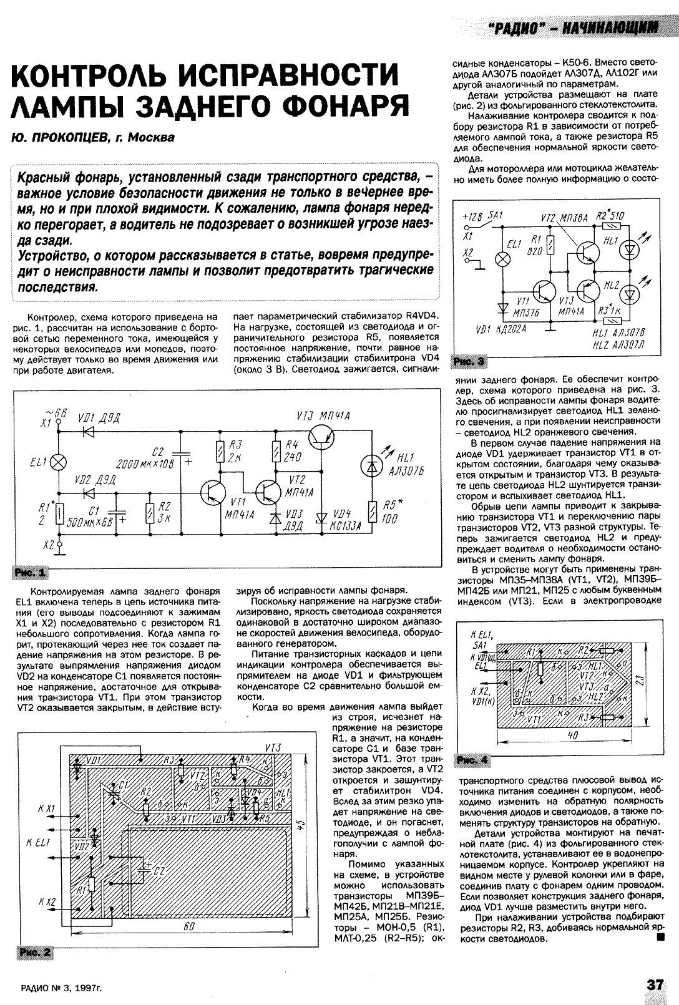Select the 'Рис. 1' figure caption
pyautogui.click(x=29, y=572)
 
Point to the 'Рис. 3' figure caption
pyautogui.click(x=469, y=361)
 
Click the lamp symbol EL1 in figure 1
pyautogui.click(x=59, y=462)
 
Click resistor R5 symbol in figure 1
pyautogui.click(x=373, y=513)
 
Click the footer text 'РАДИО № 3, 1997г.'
pyautogui.click(x=61, y=986)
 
